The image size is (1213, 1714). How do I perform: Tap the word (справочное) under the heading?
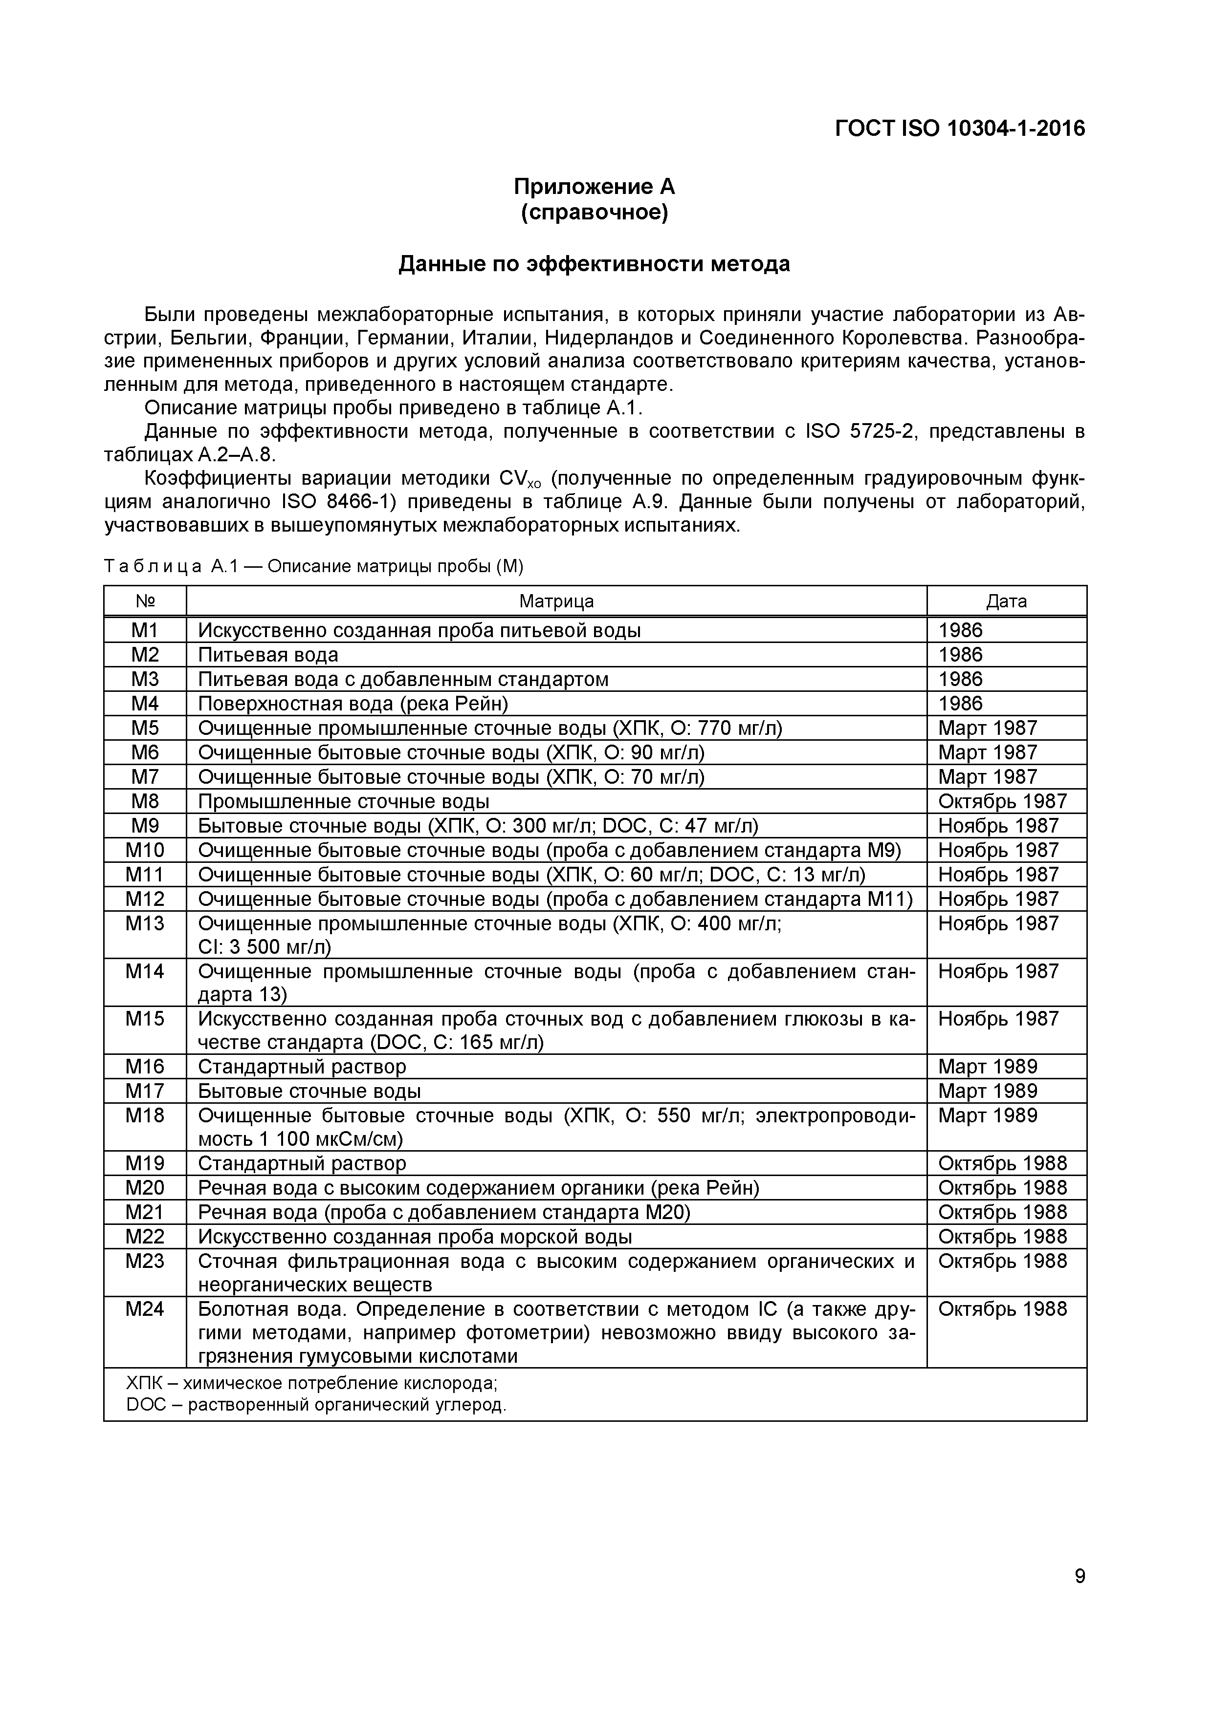tap(594, 213)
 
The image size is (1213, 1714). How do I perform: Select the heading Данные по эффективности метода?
tap(594, 264)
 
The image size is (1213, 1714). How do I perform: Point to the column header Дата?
tap(1006, 601)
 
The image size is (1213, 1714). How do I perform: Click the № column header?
tap(145, 601)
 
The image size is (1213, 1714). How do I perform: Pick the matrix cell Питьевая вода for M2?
tap(267, 655)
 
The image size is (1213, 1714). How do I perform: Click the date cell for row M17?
tap(988, 1092)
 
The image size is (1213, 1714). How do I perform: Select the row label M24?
tap(145, 1309)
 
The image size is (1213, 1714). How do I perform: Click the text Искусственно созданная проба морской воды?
tap(415, 1237)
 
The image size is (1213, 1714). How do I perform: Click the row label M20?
tap(145, 1188)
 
